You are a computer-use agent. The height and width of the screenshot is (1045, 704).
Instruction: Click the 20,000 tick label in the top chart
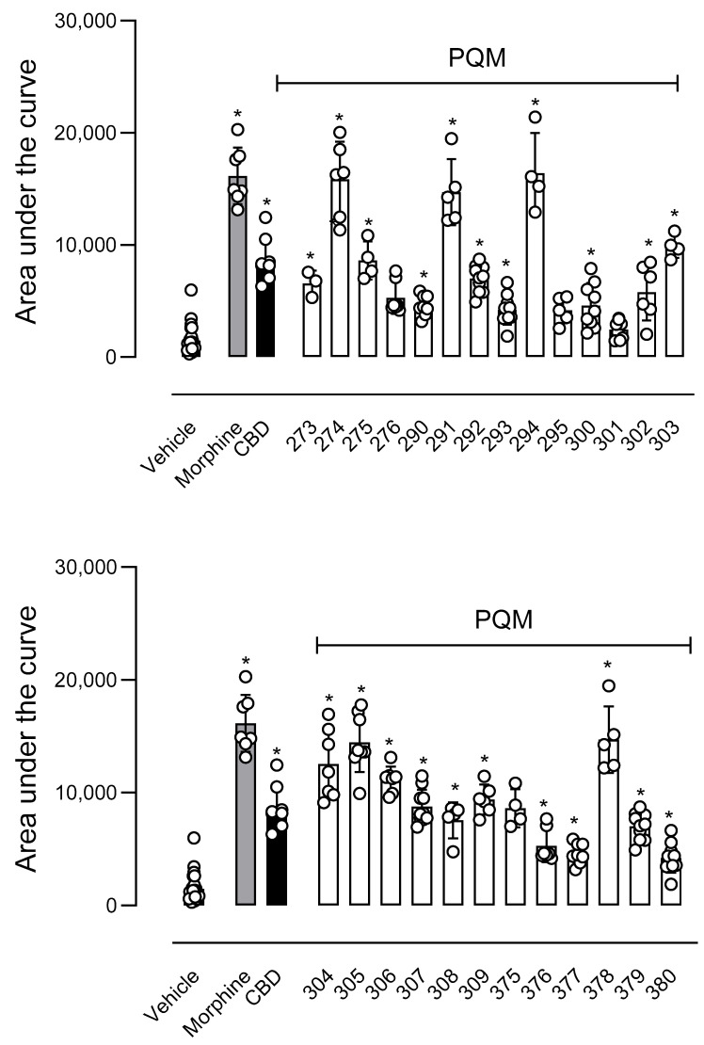point(86,133)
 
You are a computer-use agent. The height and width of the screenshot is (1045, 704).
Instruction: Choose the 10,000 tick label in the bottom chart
point(86,793)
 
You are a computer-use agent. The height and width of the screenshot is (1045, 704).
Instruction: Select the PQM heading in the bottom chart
point(504,619)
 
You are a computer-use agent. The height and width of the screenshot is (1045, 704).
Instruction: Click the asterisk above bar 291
point(453,122)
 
